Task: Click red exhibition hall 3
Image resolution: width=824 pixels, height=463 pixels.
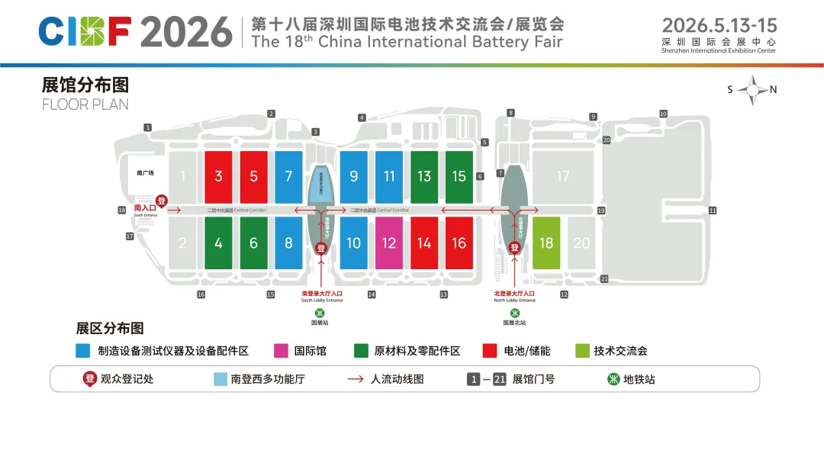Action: tap(218, 177)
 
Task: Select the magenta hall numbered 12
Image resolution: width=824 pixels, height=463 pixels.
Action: tap(389, 243)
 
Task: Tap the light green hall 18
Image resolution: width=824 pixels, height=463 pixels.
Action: tap(546, 243)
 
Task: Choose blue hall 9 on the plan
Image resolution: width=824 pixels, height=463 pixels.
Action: tap(354, 177)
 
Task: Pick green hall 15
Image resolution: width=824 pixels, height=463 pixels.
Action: tap(459, 177)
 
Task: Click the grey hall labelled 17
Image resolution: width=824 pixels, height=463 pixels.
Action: tap(562, 177)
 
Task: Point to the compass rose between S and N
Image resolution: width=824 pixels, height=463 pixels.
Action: tap(752, 90)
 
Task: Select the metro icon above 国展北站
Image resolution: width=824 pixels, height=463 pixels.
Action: tap(515, 312)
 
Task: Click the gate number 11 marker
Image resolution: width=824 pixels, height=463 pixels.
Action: tap(713, 210)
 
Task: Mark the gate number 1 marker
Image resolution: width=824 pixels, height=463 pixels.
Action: tap(148, 127)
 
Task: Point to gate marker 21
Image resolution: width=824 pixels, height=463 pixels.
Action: tap(604, 278)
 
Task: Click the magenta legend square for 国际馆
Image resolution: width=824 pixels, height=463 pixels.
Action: tap(281, 351)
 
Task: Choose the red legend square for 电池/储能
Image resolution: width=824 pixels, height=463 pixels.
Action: tap(490, 351)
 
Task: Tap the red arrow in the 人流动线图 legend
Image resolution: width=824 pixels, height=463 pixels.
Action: tap(355, 378)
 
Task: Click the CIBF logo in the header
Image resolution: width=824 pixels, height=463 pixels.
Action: tap(85, 31)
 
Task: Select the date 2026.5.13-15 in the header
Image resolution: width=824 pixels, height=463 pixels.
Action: tap(719, 25)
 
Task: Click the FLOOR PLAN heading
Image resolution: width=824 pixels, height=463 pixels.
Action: tap(85, 104)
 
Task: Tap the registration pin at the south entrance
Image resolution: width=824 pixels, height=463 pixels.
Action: tap(161, 200)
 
